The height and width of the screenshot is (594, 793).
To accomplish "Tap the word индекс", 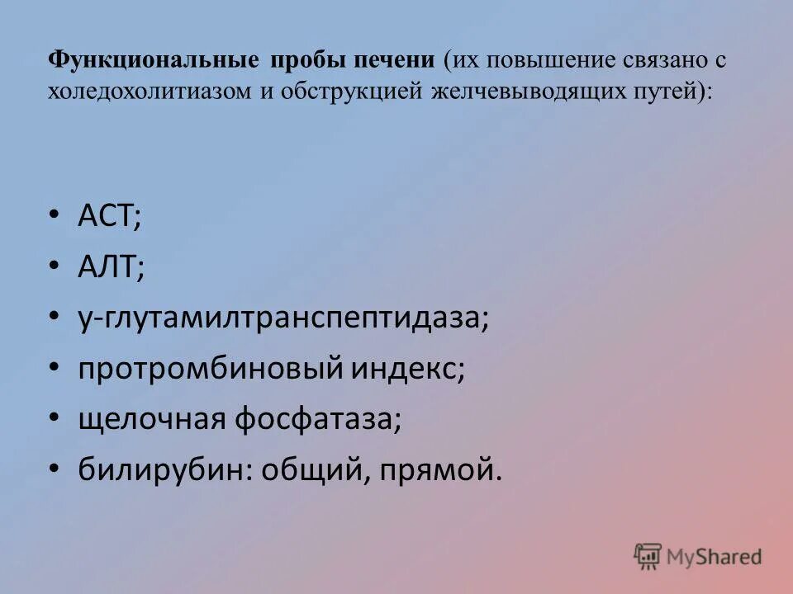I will [x=410, y=369].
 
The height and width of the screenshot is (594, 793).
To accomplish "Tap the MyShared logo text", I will [x=715, y=557].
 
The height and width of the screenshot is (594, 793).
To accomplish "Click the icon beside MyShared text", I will [x=648, y=555].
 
